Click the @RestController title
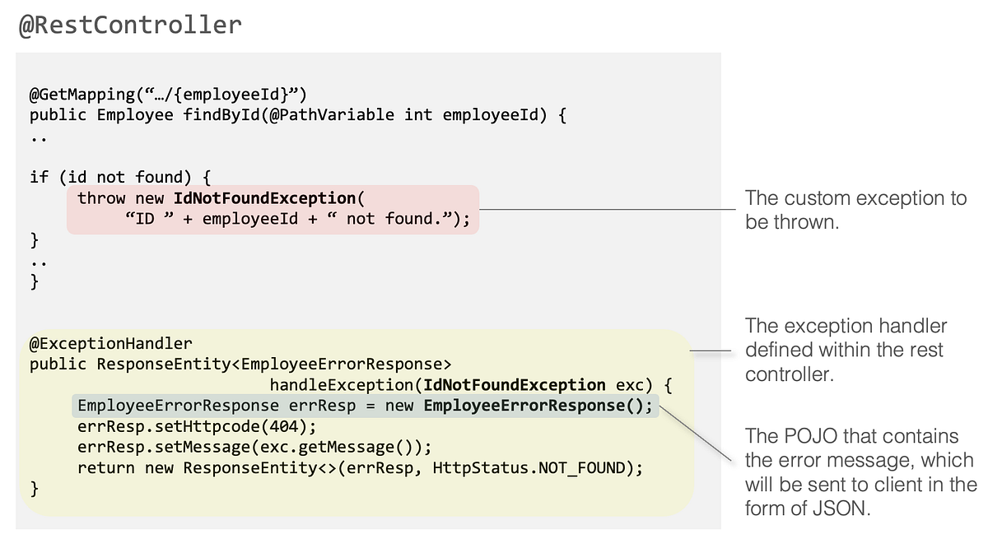point(131,26)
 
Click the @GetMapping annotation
point(82,95)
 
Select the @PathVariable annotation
point(332,115)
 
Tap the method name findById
point(221,115)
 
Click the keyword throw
point(101,198)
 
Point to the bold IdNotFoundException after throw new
point(264,198)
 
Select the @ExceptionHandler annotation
point(110,343)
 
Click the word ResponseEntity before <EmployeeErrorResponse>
point(164,365)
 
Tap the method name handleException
point(342,385)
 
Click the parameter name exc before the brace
point(629,385)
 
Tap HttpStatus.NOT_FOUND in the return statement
point(529,468)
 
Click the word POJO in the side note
point(811,436)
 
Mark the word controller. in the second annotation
point(790,374)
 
